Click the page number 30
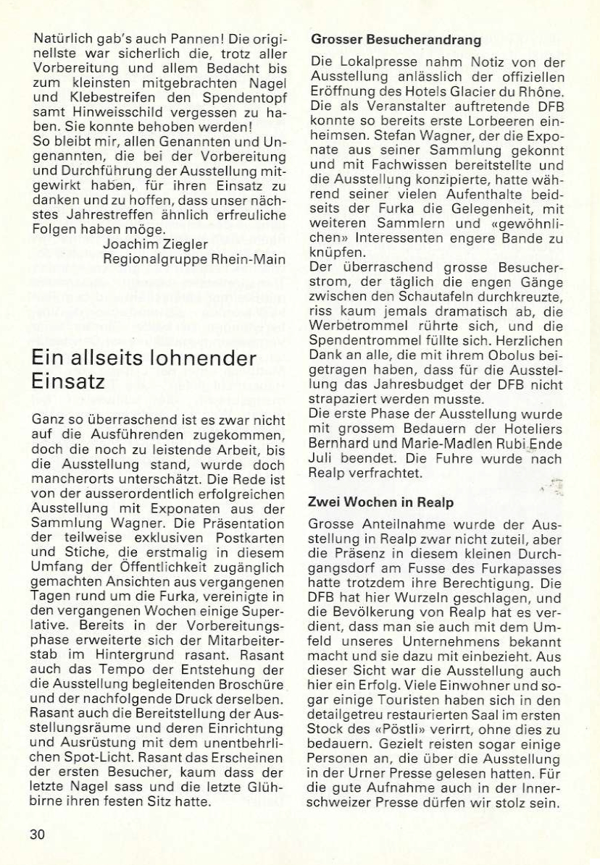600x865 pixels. coord(38,833)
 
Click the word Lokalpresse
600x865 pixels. coord(370,63)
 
